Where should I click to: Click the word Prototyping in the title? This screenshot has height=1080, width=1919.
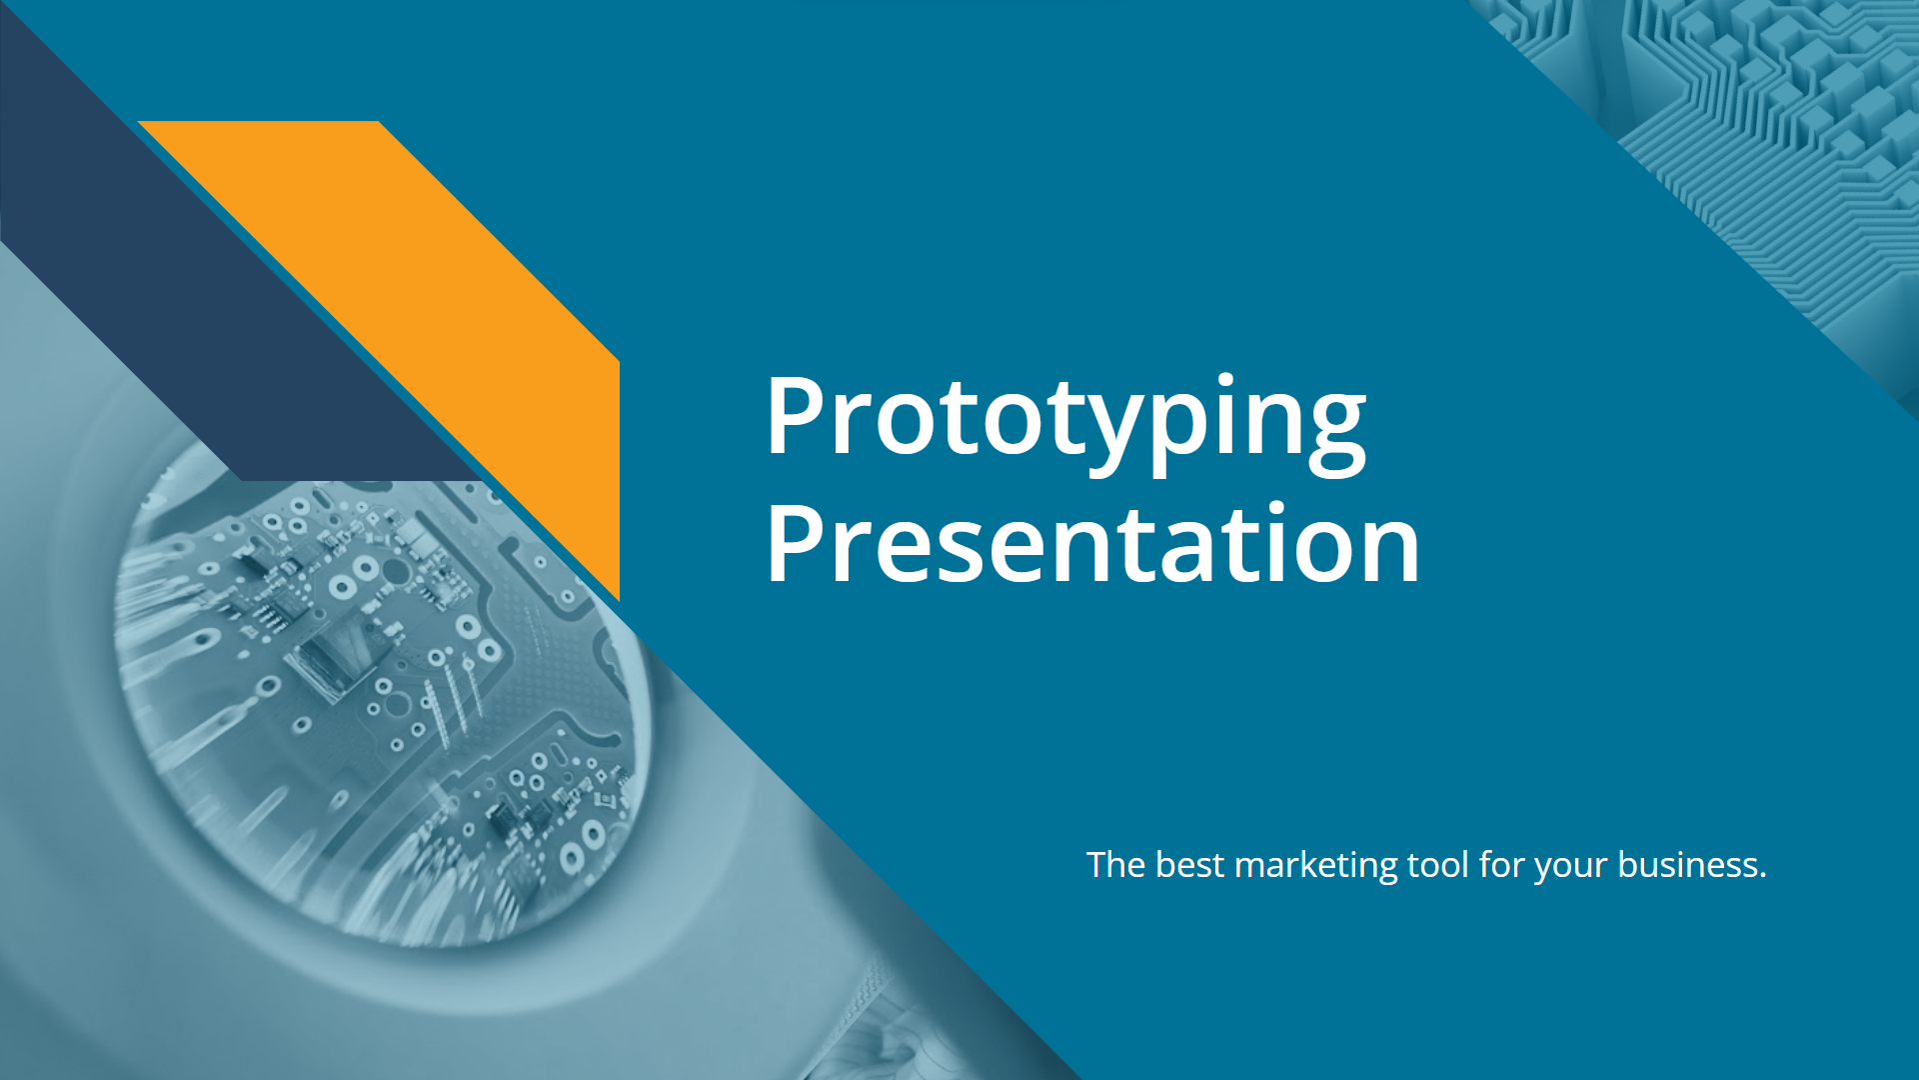[x=1065, y=420]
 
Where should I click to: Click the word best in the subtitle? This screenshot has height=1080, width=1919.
[x=1189, y=864]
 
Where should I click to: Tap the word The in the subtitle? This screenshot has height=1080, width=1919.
[x=1115, y=864]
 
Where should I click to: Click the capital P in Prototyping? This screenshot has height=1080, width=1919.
[x=798, y=416]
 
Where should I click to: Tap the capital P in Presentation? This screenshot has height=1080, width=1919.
[x=798, y=543]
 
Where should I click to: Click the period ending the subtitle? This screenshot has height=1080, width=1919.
[x=1763, y=877]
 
